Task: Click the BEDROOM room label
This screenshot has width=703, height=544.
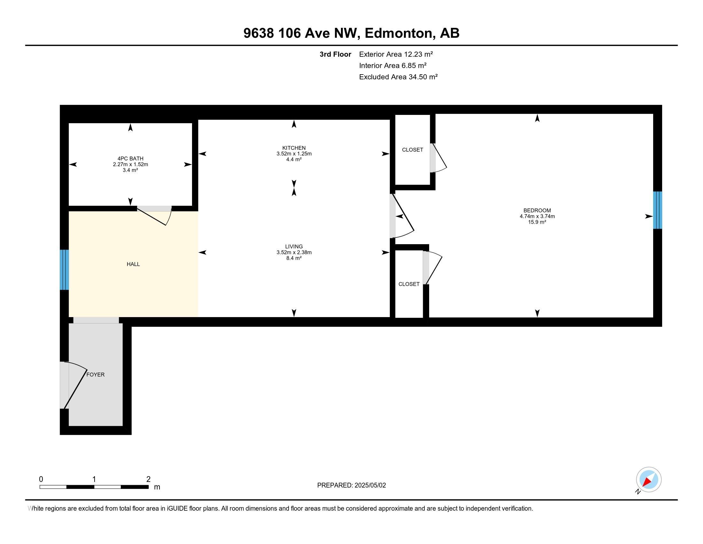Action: click(537, 211)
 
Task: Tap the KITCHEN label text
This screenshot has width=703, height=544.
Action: click(294, 148)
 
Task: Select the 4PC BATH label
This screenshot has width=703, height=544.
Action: click(130, 158)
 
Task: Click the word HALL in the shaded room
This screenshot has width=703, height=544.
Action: click(133, 264)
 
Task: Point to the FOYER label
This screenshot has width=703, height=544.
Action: click(96, 374)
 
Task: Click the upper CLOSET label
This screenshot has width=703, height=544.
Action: click(412, 150)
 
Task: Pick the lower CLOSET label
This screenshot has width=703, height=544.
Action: click(409, 284)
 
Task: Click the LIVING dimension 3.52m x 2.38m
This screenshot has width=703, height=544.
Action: click(294, 252)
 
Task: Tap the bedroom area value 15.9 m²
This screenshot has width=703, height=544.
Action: click(537, 222)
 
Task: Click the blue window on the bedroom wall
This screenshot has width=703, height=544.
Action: click(657, 210)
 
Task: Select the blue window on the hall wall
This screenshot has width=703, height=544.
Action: click(64, 270)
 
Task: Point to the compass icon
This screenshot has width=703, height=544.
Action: click(648, 480)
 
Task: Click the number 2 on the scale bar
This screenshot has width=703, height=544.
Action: click(148, 479)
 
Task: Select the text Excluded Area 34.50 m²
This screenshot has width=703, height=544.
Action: click(398, 77)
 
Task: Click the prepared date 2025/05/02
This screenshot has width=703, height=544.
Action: click(370, 485)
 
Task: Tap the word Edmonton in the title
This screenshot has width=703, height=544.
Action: click(398, 33)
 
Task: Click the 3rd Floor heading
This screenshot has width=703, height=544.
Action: click(335, 54)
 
